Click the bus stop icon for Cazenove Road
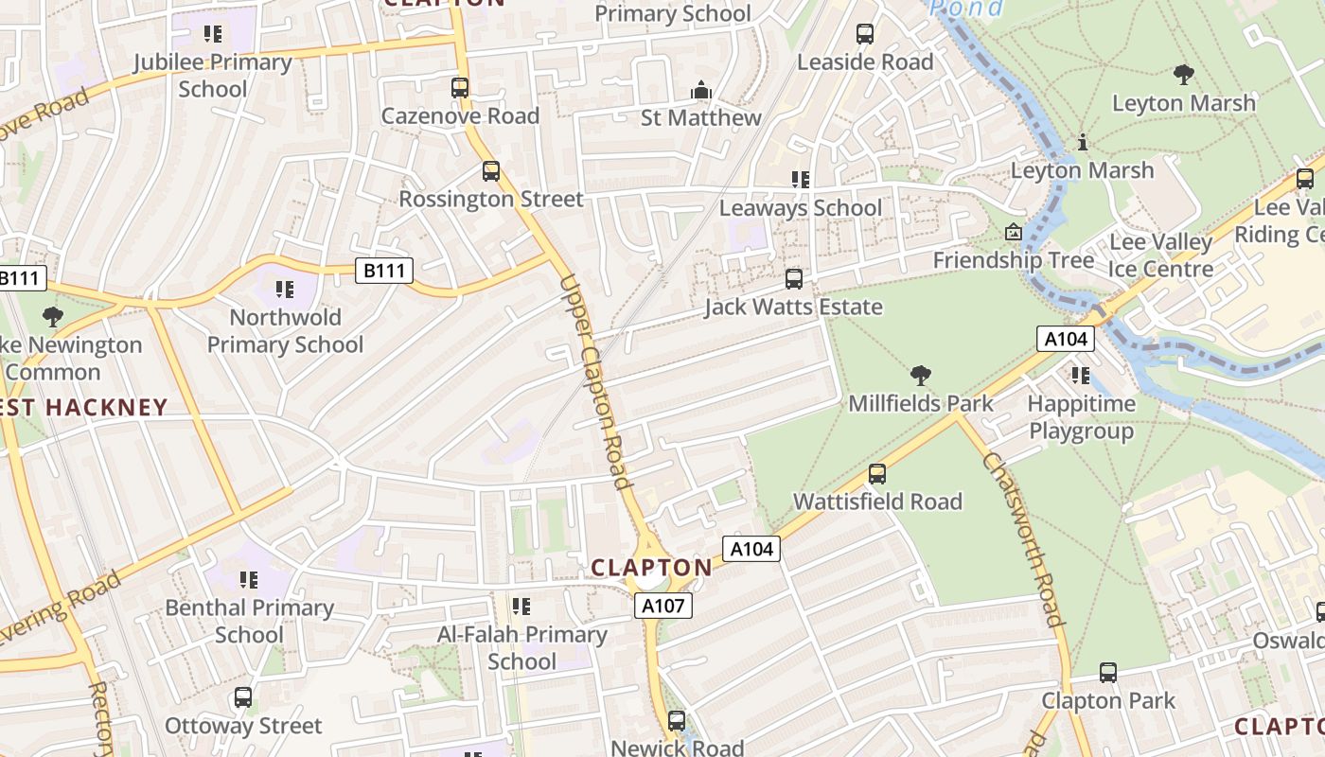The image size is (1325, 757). pyautogui.click(x=460, y=88)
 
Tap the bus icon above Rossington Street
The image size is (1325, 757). pyautogui.click(x=490, y=171)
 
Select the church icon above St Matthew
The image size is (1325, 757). pyautogui.click(x=701, y=90)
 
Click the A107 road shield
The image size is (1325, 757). pyautogui.click(x=662, y=606)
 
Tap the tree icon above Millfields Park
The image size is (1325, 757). pyautogui.click(x=920, y=376)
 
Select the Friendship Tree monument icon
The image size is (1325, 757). pyautogui.click(x=1014, y=232)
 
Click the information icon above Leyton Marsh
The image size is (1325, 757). pyautogui.click(x=1083, y=143)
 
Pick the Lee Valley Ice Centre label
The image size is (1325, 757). pyautogui.click(x=1160, y=255)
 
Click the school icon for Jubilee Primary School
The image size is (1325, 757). pyautogui.click(x=213, y=35)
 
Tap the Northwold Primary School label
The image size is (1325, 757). pyautogui.click(x=285, y=330)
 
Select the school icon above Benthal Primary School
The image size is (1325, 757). pyautogui.click(x=249, y=579)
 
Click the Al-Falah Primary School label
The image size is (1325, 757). pyautogui.click(x=521, y=647)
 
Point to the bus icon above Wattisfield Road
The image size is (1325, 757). pyautogui.click(x=877, y=474)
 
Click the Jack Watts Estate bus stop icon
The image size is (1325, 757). pyautogui.click(x=794, y=279)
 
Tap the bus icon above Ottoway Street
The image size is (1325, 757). pyautogui.click(x=243, y=698)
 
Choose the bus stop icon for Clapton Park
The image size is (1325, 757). pyautogui.click(x=1108, y=673)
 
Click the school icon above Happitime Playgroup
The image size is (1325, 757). pyautogui.click(x=1081, y=376)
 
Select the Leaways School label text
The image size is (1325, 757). pyautogui.click(x=801, y=207)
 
